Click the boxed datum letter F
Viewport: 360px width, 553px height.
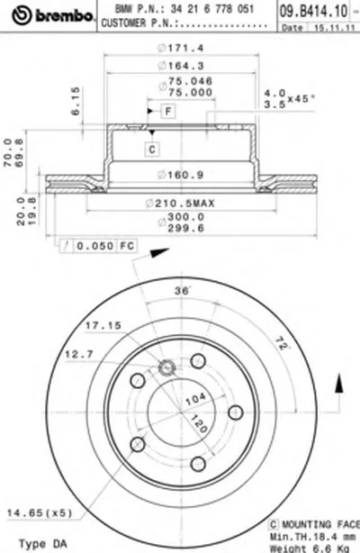click(x=167, y=111)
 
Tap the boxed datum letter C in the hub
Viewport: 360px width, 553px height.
click(x=152, y=149)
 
